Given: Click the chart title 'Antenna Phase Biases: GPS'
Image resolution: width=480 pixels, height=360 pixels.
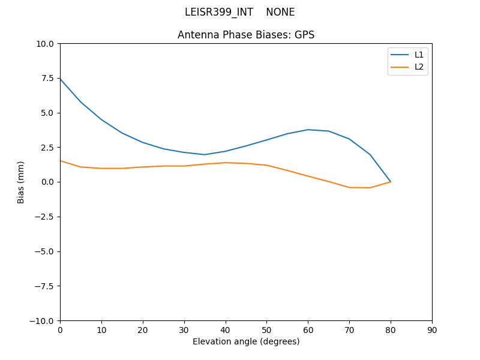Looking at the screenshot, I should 246,35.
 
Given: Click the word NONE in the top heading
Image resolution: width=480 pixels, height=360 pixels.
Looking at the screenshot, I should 280,12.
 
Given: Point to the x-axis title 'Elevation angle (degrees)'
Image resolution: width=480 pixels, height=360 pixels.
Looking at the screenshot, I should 246,341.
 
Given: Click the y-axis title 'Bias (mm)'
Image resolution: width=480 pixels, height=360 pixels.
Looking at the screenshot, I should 21,182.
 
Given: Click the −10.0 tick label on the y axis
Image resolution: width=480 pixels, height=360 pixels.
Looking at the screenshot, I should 44,320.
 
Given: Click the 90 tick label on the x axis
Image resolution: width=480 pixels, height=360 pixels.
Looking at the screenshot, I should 432,330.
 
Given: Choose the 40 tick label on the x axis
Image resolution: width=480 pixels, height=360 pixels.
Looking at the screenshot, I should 226,330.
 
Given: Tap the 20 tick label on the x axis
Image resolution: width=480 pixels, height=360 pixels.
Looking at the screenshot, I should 143,330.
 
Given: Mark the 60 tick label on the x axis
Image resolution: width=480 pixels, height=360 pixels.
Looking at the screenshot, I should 308,330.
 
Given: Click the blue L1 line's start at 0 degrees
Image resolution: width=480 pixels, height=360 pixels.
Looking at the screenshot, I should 60,79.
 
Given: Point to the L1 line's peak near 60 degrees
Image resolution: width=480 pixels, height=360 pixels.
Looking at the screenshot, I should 308,130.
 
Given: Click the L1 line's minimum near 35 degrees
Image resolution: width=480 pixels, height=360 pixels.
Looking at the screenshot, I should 205,155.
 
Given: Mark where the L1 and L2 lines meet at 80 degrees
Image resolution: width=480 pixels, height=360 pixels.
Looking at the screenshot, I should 391,182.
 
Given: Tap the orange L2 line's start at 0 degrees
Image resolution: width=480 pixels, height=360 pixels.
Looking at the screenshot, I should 60,160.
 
